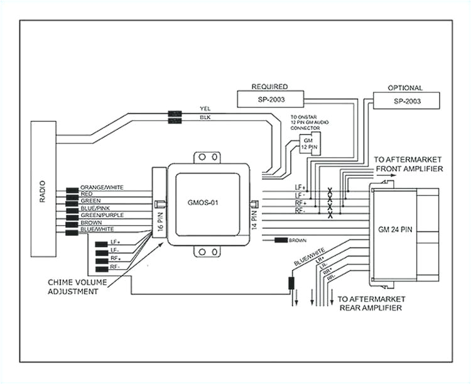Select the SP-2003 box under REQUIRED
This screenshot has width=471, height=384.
269,99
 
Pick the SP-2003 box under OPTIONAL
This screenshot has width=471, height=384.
406,101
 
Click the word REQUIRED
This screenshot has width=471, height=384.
269,86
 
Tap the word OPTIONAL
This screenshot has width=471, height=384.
406,88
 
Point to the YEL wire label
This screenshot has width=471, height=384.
205,108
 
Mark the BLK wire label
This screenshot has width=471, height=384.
205,118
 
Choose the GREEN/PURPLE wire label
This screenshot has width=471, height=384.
102,215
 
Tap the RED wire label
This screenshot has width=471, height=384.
87,195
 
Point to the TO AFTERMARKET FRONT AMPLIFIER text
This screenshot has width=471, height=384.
408,165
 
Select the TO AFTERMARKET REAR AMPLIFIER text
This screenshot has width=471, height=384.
371,304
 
